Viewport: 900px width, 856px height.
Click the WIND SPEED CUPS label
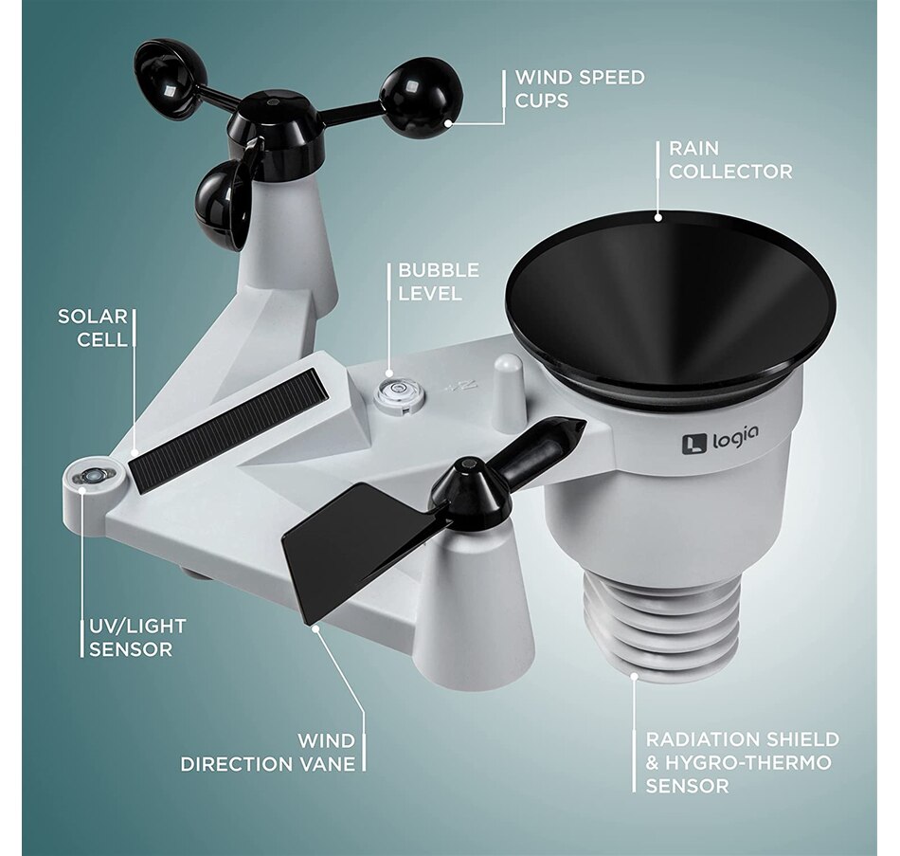[x=580, y=88]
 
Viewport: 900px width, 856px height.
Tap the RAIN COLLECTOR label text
[x=730, y=159]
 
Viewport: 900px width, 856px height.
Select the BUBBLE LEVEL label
[x=439, y=282]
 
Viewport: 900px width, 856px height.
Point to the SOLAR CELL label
[x=93, y=327]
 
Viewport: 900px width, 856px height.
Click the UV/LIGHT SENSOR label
[x=137, y=638]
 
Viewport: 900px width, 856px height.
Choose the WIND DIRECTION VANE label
[x=268, y=753]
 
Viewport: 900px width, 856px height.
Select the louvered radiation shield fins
[x=660, y=621]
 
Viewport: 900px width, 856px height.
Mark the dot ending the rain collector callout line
[x=658, y=217]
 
